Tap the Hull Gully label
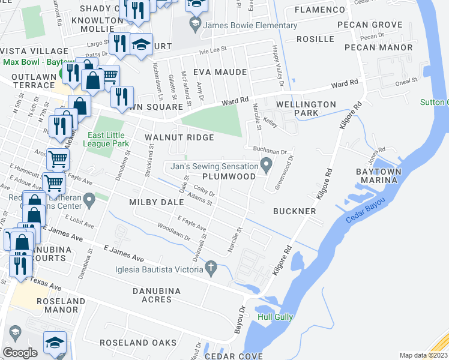point(274,317)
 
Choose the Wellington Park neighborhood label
point(306,109)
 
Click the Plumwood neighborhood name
point(229,176)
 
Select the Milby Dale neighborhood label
point(156,203)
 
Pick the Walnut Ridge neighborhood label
point(179,137)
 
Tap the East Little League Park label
point(108,139)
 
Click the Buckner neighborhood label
point(294,211)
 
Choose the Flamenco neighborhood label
point(316,10)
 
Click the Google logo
point(20,353)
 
